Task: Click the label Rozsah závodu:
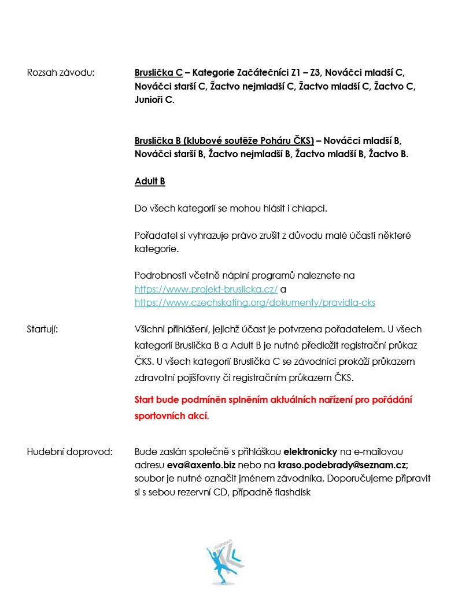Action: [x=61, y=73]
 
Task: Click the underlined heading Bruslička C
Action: [x=158, y=73]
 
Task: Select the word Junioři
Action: [x=149, y=101]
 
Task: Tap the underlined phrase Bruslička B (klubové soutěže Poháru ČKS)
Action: [x=224, y=140]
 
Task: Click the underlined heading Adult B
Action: [x=150, y=182]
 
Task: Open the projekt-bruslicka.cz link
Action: [x=206, y=289]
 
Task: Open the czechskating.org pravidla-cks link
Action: [x=255, y=302]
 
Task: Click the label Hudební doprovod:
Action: [x=70, y=451]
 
